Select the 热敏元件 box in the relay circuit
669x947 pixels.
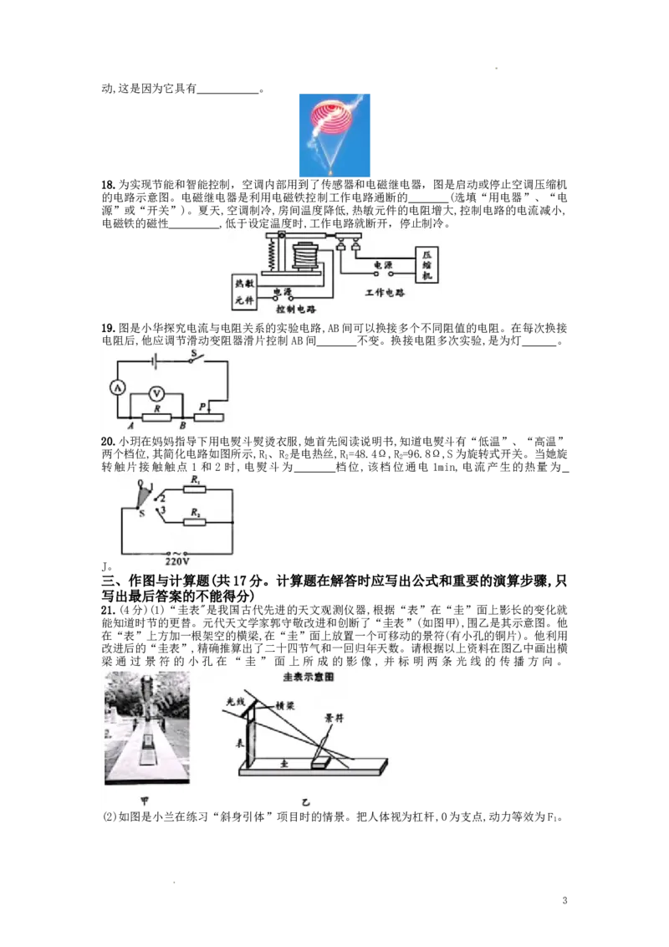[243, 292]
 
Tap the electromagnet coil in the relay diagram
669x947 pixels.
[306, 255]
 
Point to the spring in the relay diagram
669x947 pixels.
[271, 252]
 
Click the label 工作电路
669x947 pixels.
[385, 294]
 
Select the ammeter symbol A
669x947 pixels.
[118, 387]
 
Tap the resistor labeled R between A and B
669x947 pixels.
[156, 416]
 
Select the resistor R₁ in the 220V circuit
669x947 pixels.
[195, 488]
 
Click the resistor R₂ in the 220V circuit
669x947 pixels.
[195, 521]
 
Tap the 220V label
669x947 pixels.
[178, 562]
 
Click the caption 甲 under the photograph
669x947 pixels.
[145, 801]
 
